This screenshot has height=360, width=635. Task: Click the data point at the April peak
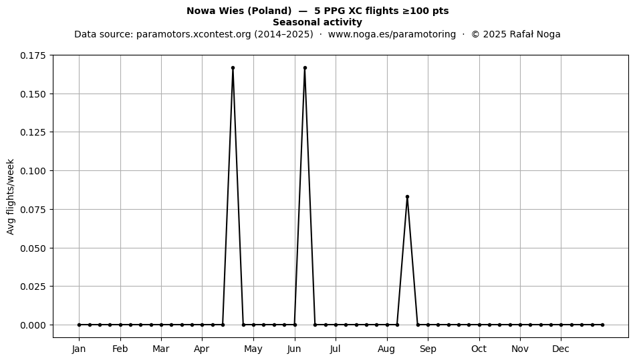(233, 68)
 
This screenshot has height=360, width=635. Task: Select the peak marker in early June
(305, 68)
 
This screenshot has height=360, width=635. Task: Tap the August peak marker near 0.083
(408, 197)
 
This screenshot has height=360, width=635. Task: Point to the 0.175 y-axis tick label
(33, 55)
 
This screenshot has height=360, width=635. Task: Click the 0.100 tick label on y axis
(33, 171)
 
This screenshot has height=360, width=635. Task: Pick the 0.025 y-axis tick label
(33, 287)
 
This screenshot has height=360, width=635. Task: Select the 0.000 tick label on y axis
(33, 325)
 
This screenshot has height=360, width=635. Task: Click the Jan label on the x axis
(79, 349)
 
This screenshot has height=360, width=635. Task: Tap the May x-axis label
(253, 349)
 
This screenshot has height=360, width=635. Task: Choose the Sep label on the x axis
(428, 349)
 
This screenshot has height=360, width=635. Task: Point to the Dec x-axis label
(561, 349)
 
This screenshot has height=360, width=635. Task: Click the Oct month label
(479, 349)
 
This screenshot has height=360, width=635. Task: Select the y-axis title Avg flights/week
(11, 196)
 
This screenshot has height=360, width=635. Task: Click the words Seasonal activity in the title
(317, 22)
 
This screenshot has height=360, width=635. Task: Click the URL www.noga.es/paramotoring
(392, 34)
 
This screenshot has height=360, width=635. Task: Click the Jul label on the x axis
(336, 349)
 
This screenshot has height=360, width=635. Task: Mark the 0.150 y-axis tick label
(33, 94)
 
